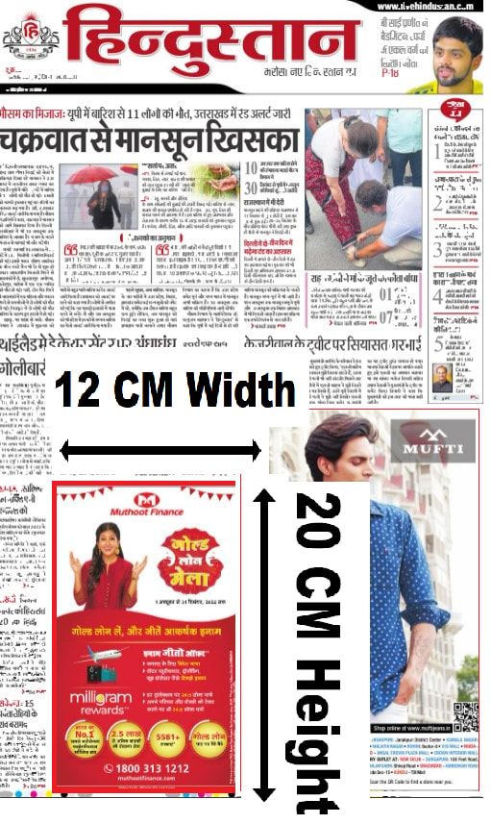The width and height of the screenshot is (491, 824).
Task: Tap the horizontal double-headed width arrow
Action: pyautogui.click(x=160, y=449)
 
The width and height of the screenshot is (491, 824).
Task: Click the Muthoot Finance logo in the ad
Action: pyautogui.click(x=145, y=503)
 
